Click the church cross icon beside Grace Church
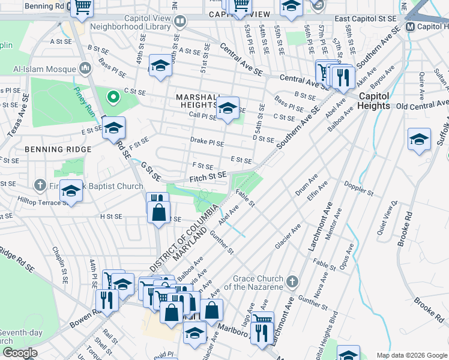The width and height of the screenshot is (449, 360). tap(292, 281)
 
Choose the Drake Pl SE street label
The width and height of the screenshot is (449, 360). tap(206, 144)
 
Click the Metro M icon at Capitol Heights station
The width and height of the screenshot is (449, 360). tap(411, 27)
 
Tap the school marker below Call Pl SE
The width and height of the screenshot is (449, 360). tap(228, 109)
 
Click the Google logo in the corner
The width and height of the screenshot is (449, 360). tap(19, 353)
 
